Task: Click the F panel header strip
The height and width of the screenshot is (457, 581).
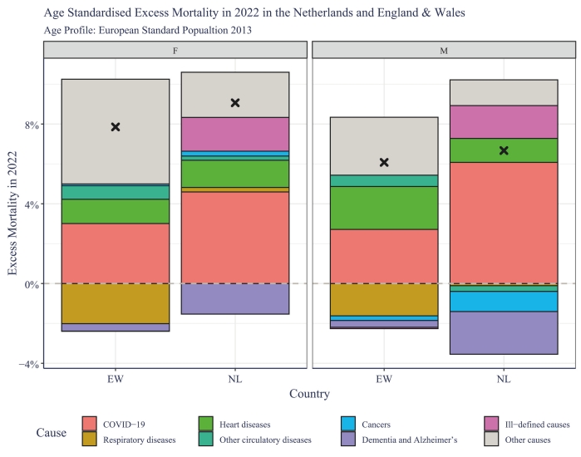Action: [x=175, y=50]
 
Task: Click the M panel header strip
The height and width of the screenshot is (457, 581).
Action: [x=443, y=50]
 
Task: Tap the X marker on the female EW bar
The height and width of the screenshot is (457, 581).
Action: [x=116, y=127]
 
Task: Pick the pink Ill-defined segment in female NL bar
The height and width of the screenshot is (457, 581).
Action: [x=235, y=134]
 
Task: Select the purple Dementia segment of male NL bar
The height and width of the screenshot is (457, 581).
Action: [x=503, y=332]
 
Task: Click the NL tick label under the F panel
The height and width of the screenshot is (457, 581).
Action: [x=235, y=378]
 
